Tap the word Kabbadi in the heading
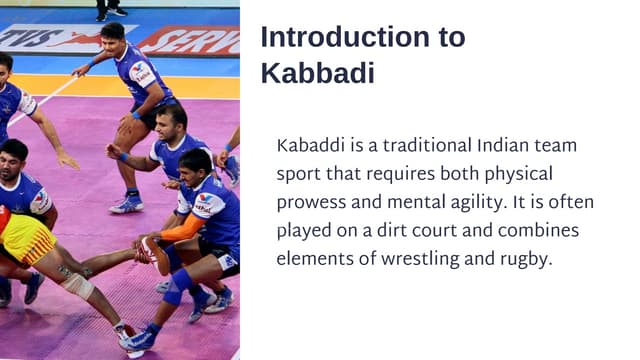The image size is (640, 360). coord(317,73)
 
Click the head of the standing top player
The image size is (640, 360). coord(113,33)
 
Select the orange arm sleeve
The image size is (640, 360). coord(180,228)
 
